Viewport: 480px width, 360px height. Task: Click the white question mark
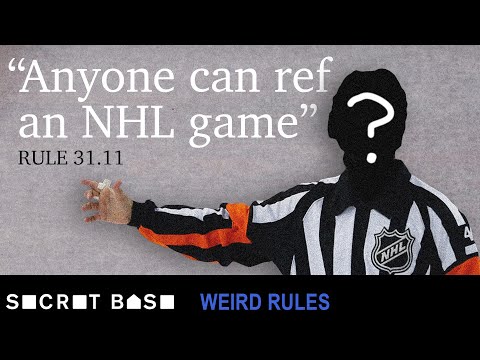(x=373, y=128)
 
